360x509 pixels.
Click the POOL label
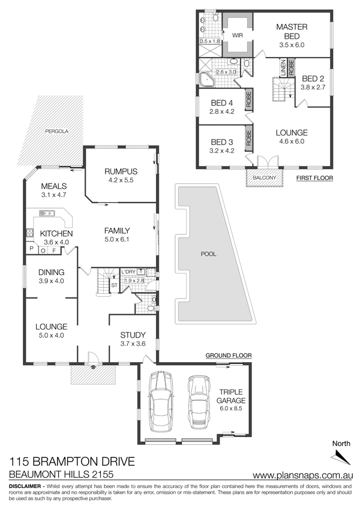tap(208, 254)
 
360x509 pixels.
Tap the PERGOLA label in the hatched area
tap(57, 131)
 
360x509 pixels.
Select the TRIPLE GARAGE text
tap(231, 396)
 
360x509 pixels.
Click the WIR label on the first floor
tap(237, 35)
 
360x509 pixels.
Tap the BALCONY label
tap(265, 177)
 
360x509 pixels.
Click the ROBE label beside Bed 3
tap(249, 138)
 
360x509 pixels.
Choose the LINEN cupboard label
tap(283, 68)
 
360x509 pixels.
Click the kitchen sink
tap(47, 213)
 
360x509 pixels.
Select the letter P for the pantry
tap(32, 249)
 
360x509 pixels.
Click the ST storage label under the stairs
tap(114, 285)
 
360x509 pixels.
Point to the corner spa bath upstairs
tap(206, 80)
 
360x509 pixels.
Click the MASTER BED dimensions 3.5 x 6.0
tap(292, 45)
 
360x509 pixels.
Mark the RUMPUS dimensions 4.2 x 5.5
tap(121, 180)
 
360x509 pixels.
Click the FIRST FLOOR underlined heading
tap(314, 178)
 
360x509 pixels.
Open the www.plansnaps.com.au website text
tap(302, 475)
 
